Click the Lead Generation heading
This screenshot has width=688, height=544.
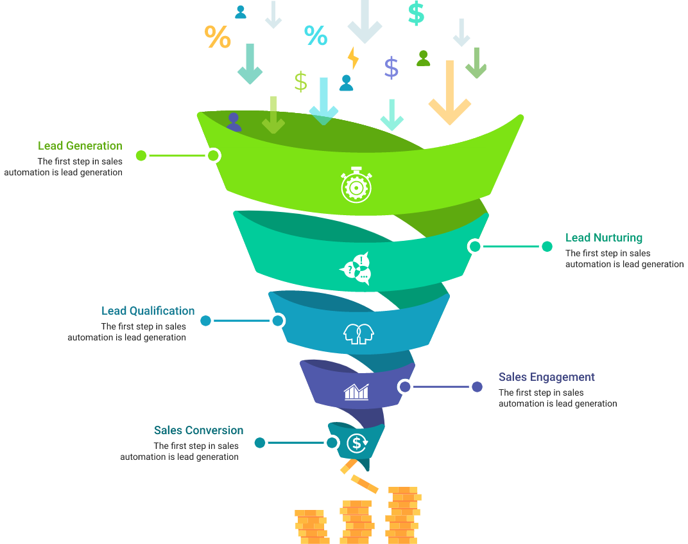point(80,146)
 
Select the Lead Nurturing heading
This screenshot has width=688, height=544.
point(603,238)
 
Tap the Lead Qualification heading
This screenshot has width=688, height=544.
point(148,311)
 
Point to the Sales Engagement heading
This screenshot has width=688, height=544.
point(546,377)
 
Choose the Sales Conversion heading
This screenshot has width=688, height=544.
point(198,430)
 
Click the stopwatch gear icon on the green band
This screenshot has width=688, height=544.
point(356,186)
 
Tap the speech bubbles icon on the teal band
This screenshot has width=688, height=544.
point(356,268)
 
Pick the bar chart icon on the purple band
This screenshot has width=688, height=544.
point(356,391)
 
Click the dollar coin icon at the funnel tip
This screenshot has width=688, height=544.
point(357,443)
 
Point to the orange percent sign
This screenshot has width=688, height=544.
point(218,37)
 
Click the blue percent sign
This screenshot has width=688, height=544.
point(315,35)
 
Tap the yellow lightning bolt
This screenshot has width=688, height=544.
point(353,58)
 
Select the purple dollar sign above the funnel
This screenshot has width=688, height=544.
point(391,67)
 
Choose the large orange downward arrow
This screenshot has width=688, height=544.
point(450,93)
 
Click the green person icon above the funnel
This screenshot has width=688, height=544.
point(423,58)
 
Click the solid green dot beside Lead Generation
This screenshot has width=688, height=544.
point(141,155)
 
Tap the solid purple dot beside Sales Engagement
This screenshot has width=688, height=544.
point(477,387)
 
